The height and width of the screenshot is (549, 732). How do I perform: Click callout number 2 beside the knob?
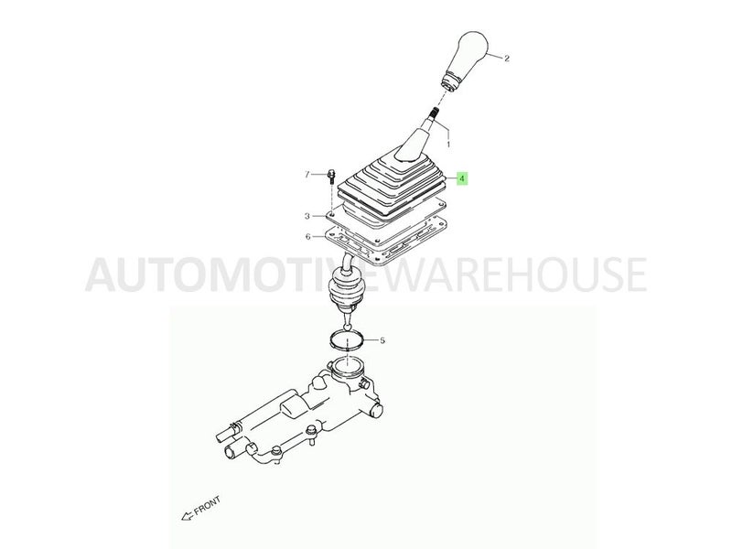tap(507, 58)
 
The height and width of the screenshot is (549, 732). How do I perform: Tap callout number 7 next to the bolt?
tap(307, 173)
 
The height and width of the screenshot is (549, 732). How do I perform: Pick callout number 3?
tap(307, 216)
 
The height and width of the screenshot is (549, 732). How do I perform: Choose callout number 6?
tap(307, 237)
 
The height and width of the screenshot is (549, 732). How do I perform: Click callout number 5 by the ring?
tap(382, 340)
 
